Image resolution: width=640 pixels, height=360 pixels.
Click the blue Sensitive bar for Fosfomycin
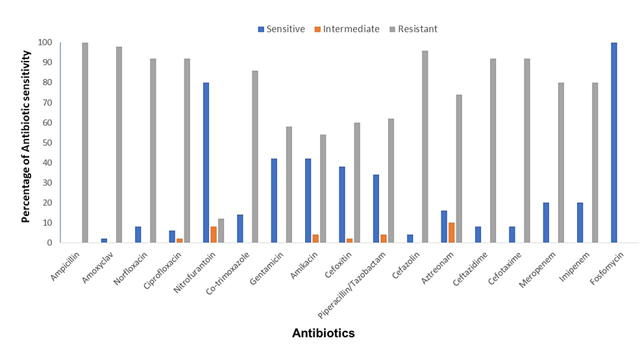(x=613, y=143)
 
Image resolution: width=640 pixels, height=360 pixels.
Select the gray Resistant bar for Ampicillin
(x=85, y=143)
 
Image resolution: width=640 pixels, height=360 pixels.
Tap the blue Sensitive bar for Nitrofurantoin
(x=206, y=163)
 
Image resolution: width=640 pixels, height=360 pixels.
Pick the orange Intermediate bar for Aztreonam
(x=451, y=233)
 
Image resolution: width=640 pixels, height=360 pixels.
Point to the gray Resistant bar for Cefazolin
(x=425, y=147)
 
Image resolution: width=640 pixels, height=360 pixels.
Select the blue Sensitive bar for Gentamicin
(x=274, y=200)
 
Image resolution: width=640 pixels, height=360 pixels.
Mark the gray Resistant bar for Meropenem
(x=561, y=163)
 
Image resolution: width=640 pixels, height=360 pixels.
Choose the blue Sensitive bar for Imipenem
(x=580, y=222)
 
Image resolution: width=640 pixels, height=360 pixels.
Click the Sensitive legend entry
(x=281, y=29)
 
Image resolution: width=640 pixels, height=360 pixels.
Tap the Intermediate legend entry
(x=347, y=29)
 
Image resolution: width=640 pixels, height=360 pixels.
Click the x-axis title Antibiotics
(x=323, y=333)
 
